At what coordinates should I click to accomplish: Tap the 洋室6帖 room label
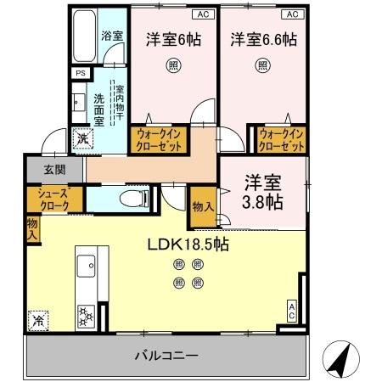pos(173,39)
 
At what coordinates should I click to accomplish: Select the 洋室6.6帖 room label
pos(262,39)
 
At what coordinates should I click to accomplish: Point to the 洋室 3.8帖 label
pos(262,193)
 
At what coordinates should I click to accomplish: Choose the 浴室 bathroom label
pos(111,37)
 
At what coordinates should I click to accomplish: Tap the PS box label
pos(81,74)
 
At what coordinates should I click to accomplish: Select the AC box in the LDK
pos(292,310)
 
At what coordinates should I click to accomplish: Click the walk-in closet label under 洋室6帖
pos(160,139)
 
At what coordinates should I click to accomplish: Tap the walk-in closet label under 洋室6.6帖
pos(281,139)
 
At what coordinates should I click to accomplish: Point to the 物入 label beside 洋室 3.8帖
pos(202,206)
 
